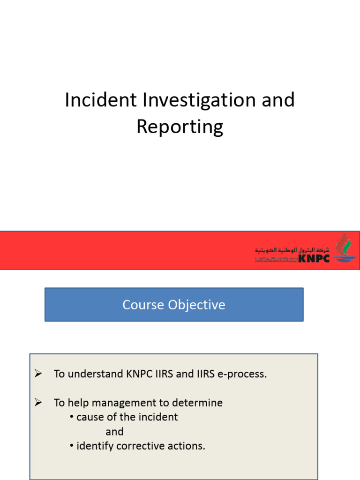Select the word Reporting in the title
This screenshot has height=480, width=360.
[180, 127]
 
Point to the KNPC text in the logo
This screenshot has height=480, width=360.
[314, 257]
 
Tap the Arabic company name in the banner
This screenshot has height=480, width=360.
[292, 250]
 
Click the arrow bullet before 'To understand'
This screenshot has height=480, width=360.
[38, 374]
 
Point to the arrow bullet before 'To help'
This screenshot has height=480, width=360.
[38, 402]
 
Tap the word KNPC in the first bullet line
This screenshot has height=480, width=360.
[137, 374]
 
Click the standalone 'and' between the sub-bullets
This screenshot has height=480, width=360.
[114, 432]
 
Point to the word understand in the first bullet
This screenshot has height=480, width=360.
[96, 374]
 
